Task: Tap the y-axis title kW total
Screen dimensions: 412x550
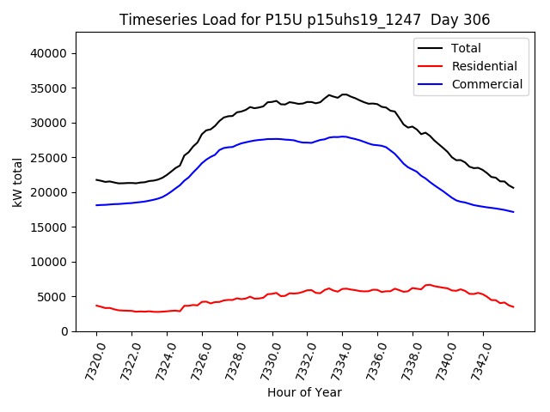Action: coord(18,182)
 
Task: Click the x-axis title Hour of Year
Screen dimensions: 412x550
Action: coord(304,392)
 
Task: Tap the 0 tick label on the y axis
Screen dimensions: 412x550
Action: coord(65,331)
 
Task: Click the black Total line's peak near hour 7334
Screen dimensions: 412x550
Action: coord(344,94)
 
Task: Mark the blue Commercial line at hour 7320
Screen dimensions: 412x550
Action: coord(96,205)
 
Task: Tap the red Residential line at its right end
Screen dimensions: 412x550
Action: coord(513,307)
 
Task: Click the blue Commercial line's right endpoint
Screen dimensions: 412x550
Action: coord(513,212)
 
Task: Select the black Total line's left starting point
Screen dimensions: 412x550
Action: coord(96,179)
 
